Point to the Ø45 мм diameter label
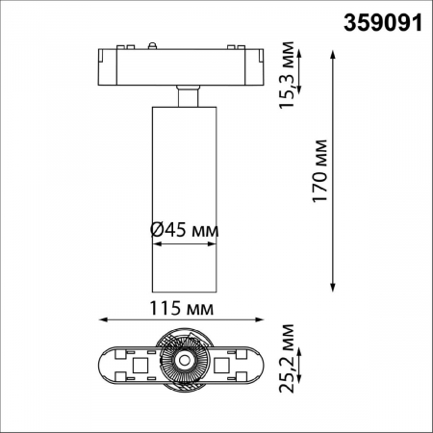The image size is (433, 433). click(185, 231)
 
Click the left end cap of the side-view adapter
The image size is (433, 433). click(107, 64)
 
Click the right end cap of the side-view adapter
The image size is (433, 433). click(262, 64)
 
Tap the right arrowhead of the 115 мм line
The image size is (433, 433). click(265, 321)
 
